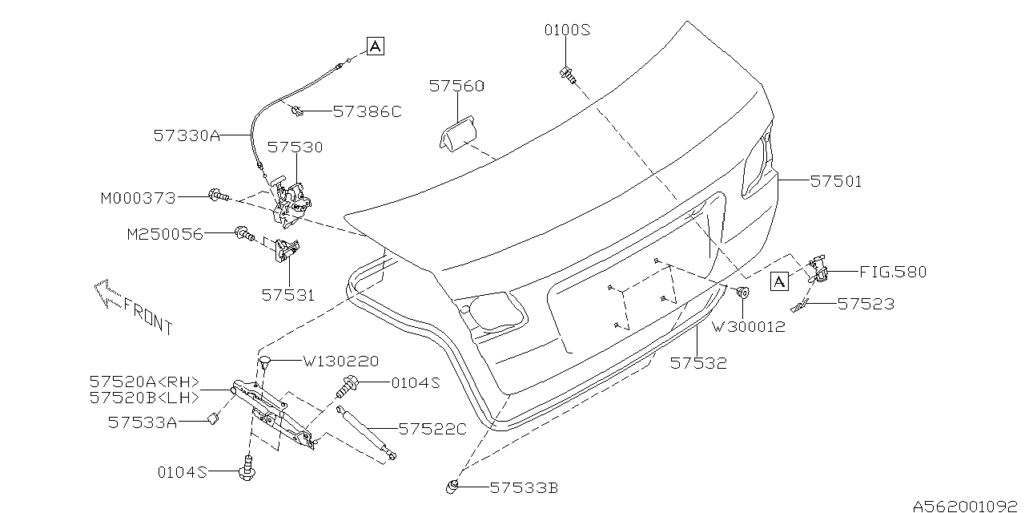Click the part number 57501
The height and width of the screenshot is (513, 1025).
pos(836,182)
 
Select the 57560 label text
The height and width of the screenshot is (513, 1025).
pos(456,86)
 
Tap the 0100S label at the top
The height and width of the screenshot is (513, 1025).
pos(567,30)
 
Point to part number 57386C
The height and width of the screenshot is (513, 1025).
pos(367,111)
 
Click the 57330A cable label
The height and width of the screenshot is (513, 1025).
pos(187,136)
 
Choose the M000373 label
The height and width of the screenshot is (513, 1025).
pos(139,196)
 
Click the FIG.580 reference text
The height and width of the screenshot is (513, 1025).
pos(893,272)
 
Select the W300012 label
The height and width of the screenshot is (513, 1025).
pos(748,326)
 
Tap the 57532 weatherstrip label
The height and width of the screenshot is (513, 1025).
pos(698,362)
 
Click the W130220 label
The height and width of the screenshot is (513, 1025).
pos(340,362)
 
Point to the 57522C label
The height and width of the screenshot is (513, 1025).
pos(432,429)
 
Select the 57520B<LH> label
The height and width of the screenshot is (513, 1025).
pos(144,397)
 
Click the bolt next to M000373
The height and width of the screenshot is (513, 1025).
pos(218,194)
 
